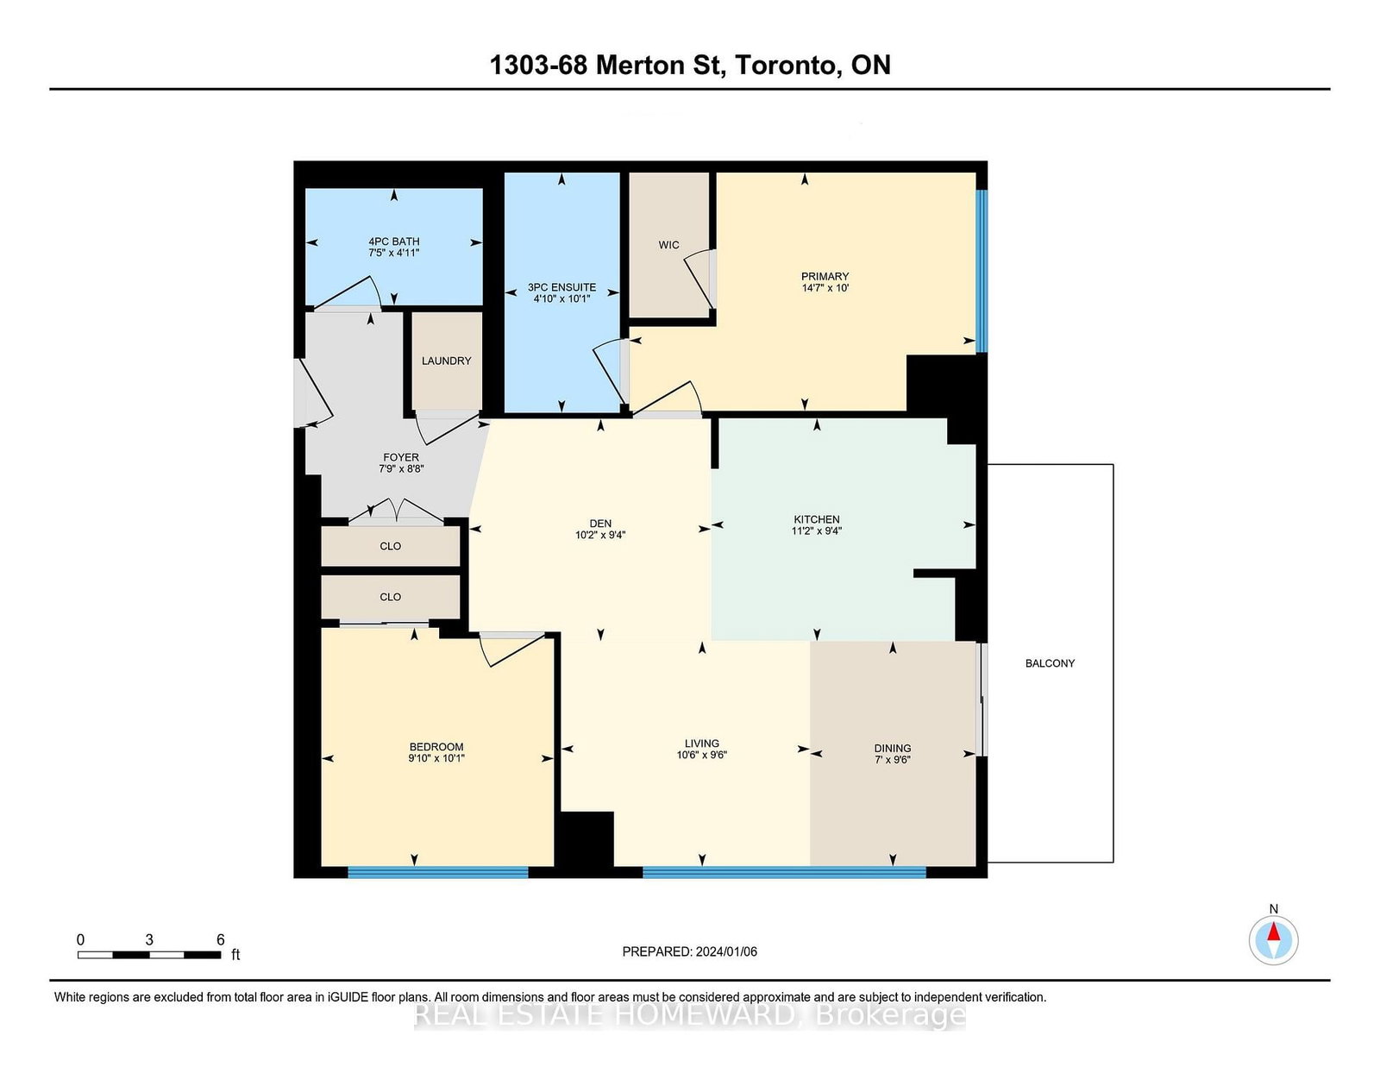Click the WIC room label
pyautogui.click(x=668, y=244)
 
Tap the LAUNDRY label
pyautogui.click(x=447, y=361)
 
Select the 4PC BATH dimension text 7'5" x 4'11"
pyautogui.click(x=394, y=253)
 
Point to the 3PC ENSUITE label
pyautogui.click(x=562, y=287)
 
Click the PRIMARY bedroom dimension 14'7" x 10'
pyautogui.click(x=825, y=288)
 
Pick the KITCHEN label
pyautogui.click(x=817, y=519)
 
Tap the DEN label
pyautogui.click(x=600, y=524)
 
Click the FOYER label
pyautogui.click(x=401, y=457)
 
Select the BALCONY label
pyautogui.click(x=1050, y=663)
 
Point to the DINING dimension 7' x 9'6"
pyautogui.click(x=893, y=760)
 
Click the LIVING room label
pyautogui.click(x=702, y=743)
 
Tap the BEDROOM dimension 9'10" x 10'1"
pyautogui.click(x=436, y=758)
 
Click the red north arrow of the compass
pyautogui.click(x=1273, y=932)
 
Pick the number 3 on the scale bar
pyautogui.click(x=149, y=940)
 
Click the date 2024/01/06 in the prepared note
pyautogui.click(x=726, y=951)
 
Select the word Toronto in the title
pyautogui.click(x=787, y=66)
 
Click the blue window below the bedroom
pyautogui.click(x=438, y=873)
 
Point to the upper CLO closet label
pyautogui.click(x=390, y=546)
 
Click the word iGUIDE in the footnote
pyautogui.click(x=348, y=997)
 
